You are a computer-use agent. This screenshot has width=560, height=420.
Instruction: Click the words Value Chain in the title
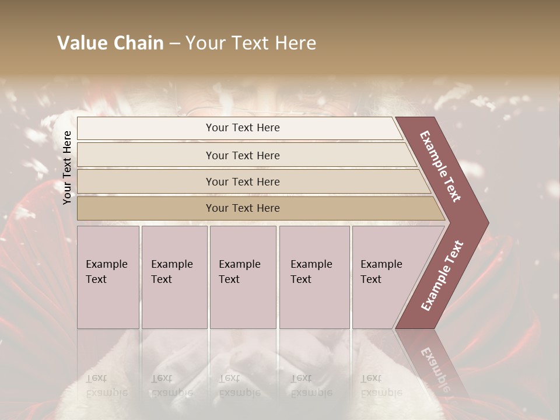coord(110,43)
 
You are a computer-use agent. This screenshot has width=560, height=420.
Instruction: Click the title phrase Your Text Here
coord(251,43)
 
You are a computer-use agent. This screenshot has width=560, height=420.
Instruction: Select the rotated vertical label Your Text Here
coord(67,167)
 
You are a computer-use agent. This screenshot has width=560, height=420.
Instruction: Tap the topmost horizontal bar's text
coord(243,128)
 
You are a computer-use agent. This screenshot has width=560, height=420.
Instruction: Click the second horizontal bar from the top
coord(243,155)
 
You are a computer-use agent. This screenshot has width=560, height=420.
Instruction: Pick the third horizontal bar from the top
coord(243,181)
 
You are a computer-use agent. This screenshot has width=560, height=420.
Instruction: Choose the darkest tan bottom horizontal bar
coord(243,208)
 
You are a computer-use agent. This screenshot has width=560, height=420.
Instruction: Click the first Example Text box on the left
coord(108,276)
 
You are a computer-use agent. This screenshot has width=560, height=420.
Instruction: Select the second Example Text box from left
coord(174,276)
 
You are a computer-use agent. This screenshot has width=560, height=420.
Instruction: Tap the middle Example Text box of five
coord(242,276)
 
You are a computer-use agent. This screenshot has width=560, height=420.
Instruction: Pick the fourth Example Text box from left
coord(314,276)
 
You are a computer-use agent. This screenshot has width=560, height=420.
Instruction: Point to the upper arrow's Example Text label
coord(440,166)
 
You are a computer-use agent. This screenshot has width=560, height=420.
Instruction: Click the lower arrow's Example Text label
coord(442,275)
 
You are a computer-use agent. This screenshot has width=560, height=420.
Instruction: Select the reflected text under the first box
coord(107,386)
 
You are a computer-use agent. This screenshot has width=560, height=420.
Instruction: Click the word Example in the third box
coord(239,264)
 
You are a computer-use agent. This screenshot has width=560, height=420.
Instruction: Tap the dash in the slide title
coord(174,44)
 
